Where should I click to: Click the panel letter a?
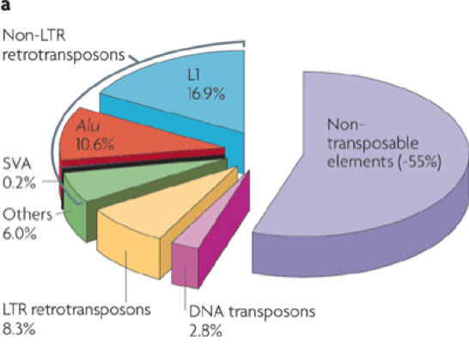pos(5,5)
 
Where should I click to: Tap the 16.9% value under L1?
pos(206,94)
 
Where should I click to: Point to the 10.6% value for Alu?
pos(94,144)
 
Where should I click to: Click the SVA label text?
pos(17,164)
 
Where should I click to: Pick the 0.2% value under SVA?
pos(19,182)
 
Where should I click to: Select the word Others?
pos(27,215)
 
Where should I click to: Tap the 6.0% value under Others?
pos(20,233)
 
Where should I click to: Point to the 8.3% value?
pos(19,329)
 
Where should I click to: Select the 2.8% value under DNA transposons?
pos(205,331)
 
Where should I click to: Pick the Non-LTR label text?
pos(33,35)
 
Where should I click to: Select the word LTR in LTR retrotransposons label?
pos(15,309)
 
